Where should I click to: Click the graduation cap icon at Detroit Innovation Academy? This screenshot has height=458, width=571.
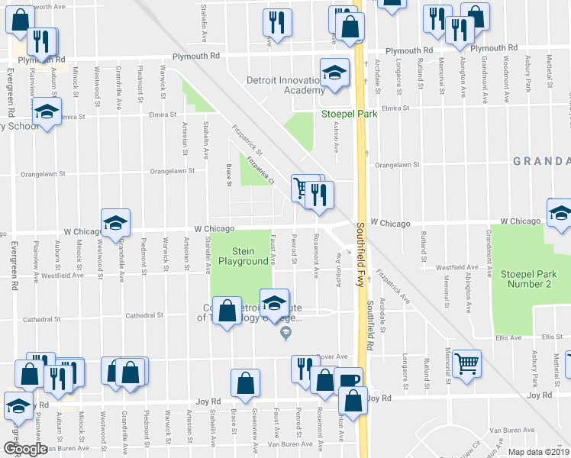(334, 72)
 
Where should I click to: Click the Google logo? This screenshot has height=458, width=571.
(25, 449)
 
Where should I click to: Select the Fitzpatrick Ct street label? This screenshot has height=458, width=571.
(259, 170)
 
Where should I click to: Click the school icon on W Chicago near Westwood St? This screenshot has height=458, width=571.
(116, 221)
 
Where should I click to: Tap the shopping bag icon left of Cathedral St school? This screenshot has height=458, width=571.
(226, 311)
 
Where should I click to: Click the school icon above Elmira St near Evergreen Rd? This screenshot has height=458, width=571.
(47, 113)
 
